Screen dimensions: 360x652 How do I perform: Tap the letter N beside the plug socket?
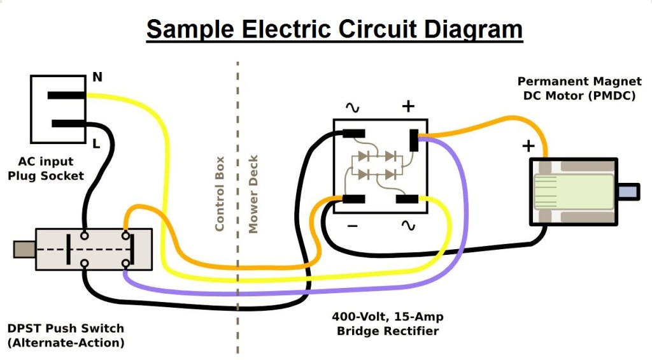click(97, 78)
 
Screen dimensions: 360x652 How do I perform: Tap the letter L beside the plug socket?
click(96, 144)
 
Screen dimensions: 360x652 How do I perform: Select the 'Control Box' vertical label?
click(220, 194)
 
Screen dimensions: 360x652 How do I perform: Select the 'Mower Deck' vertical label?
click(253, 194)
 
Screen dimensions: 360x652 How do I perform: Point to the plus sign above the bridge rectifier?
click(408, 106)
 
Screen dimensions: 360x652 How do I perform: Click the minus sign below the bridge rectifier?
click(353, 226)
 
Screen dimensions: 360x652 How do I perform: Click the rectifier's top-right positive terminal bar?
click(414, 140)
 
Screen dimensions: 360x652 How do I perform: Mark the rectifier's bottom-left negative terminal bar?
click(353, 199)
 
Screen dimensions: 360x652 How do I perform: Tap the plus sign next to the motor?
click(528, 146)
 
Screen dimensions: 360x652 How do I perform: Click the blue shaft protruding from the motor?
click(628, 191)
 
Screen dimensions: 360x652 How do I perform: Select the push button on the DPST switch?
click(24, 249)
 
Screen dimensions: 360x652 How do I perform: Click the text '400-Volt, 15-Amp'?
click(388, 317)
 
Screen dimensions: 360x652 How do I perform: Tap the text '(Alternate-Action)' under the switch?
click(66, 343)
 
